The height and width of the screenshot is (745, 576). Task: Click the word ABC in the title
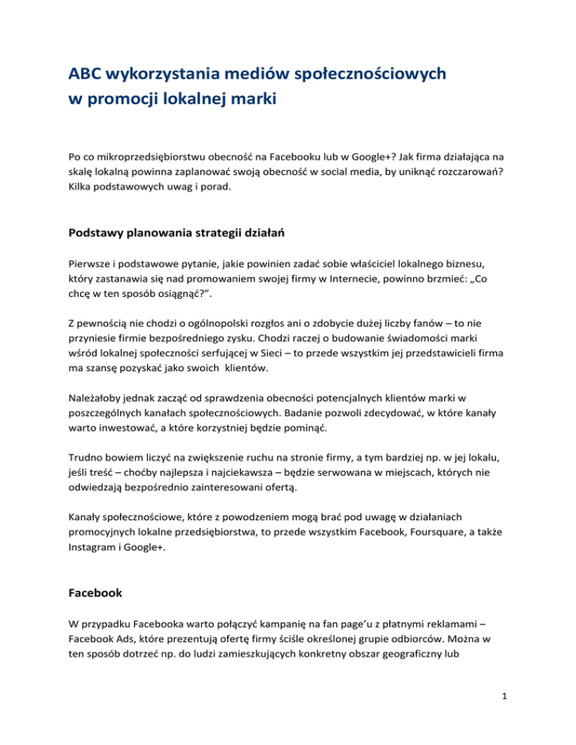pos(85,75)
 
